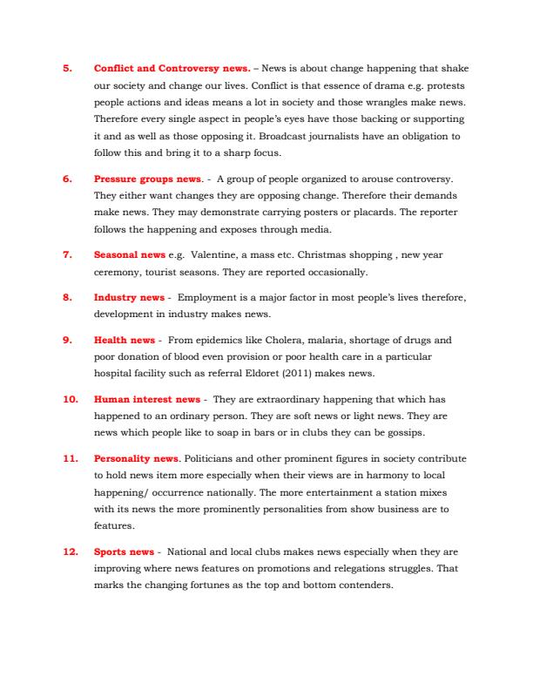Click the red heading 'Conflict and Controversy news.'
coord(172,68)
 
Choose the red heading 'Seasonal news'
coord(129,254)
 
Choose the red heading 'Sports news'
coord(124,551)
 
